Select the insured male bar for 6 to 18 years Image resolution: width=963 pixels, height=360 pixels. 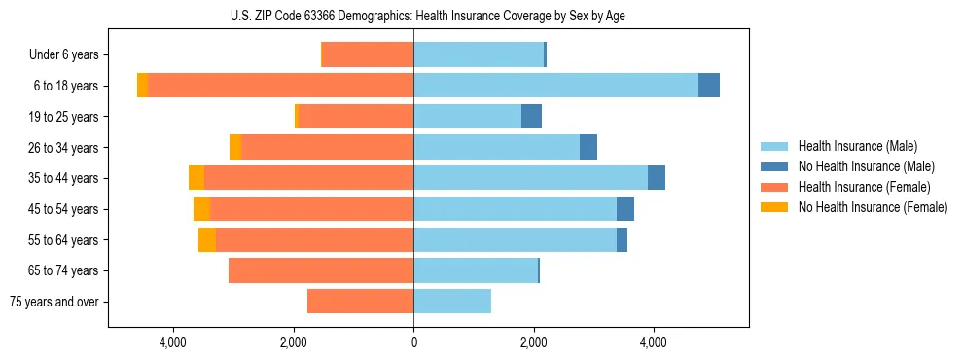(555, 86)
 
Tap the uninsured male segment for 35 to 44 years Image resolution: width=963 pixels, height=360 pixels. (657, 178)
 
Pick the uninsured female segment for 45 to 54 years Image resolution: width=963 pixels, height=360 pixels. (201, 209)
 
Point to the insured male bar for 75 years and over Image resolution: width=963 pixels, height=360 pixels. (452, 302)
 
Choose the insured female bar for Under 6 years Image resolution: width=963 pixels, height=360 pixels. (367, 55)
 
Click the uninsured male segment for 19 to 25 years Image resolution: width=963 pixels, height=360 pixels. (531, 117)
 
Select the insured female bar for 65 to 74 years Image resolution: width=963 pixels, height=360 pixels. (321, 270)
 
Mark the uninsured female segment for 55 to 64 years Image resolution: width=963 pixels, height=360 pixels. (207, 239)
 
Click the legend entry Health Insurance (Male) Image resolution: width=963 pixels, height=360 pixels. (857, 146)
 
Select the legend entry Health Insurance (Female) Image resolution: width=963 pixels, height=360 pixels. (864, 187)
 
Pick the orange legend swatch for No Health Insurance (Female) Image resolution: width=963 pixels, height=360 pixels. (775, 207)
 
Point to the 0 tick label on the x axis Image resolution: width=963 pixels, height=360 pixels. (413, 342)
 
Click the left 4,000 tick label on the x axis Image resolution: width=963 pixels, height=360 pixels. (173, 342)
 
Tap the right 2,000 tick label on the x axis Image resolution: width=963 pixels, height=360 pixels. (533, 342)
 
